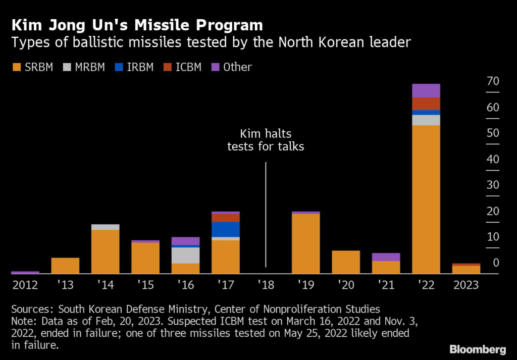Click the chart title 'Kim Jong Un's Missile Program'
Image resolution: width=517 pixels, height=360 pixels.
coord(137,25)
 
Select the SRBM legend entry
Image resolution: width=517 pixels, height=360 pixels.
coord(32,67)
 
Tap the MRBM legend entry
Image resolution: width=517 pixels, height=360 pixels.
coord(84,67)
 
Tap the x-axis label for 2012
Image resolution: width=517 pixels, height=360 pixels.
coord(25,285)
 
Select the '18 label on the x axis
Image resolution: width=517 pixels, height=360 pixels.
coord(266,285)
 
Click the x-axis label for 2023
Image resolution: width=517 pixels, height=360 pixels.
coord(466,285)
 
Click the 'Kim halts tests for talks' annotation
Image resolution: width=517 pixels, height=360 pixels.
coord(266,140)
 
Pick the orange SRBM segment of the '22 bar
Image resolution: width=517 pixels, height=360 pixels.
coord(426,199)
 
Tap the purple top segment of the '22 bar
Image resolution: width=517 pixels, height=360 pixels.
coord(426,90)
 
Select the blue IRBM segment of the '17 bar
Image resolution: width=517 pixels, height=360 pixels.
coord(226,229)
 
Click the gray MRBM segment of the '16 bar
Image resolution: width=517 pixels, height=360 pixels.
coord(186,255)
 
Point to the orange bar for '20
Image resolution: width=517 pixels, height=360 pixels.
coord(346,262)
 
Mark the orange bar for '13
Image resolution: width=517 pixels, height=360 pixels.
coord(66,266)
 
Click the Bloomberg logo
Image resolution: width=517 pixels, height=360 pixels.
coord(477,349)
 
